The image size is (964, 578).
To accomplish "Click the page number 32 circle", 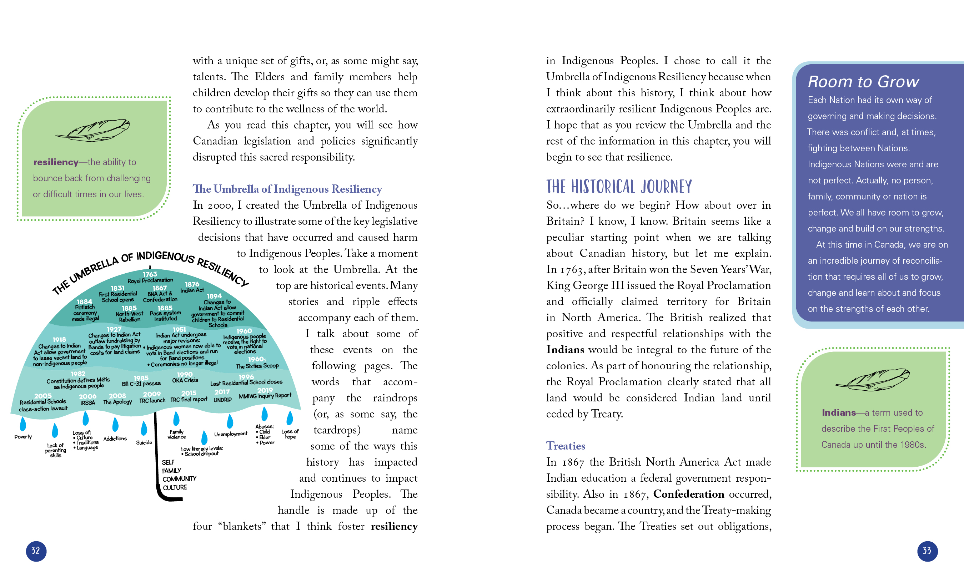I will tap(36, 551).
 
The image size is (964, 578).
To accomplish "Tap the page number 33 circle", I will tap(927, 551).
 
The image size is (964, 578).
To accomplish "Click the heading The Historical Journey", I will tap(619, 187).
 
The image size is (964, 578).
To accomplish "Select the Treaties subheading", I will tap(566, 446).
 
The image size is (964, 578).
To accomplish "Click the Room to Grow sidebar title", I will tap(863, 82).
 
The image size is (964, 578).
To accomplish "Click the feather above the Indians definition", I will tap(873, 379).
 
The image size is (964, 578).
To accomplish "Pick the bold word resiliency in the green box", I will tap(56, 162).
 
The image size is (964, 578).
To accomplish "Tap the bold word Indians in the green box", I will tap(839, 412).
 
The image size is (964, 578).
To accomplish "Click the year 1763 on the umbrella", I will tap(150, 274).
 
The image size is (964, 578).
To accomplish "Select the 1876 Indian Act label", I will tap(192, 287).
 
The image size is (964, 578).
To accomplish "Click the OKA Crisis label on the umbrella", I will tap(185, 380).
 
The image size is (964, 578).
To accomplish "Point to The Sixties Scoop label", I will tap(257, 366).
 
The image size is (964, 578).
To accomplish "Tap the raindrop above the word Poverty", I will tap(22, 424).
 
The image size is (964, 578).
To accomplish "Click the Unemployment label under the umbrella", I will tap(231, 434).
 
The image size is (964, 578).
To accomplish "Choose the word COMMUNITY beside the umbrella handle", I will tap(179, 479).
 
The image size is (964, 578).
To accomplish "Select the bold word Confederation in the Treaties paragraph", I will tap(688, 494).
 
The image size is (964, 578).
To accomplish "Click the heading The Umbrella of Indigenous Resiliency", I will tap(287, 189).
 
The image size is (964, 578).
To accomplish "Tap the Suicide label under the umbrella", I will tap(144, 442).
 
